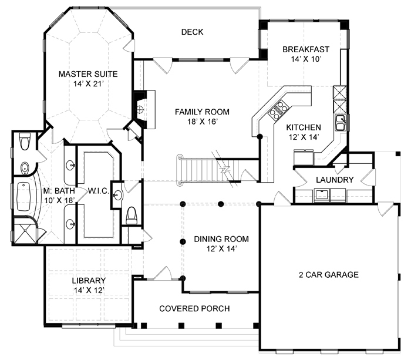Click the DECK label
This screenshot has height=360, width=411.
(x=192, y=32)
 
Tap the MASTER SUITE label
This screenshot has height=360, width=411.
(x=88, y=74)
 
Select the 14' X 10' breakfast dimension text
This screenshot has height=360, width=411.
(x=306, y=59)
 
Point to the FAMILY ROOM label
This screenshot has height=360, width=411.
(x=202, y=112)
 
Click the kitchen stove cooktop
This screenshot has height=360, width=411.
(x=278, y=110)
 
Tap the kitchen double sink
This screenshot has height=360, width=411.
(x=341, y=123)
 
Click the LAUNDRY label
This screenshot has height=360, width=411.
(x=335, y=180)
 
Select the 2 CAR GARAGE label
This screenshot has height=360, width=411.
(x=329, y=274)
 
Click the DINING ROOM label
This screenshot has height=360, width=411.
(x=221, y=239)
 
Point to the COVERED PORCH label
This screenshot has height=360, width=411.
(x=194, y=308)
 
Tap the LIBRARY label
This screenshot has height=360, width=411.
(x=89, y=281)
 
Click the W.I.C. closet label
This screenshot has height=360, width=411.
(x=98, y=191)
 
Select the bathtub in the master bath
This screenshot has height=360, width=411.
(x=23, y=196)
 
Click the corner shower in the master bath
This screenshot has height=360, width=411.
(x=25, y=231)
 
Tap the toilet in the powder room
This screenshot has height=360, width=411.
(x=132, y=216)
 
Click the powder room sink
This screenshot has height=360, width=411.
(x=117, y=195)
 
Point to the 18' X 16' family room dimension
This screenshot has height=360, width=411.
(x=203, y=122)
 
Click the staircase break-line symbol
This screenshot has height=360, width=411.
(x=225, y=169)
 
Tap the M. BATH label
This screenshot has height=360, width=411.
(x=59, y=191)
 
